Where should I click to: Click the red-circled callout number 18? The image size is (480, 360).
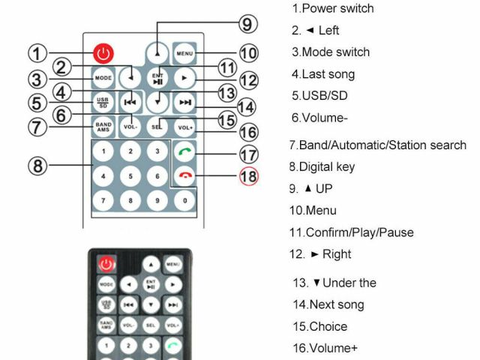(x=247, y=177)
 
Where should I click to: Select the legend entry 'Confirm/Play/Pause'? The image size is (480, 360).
(x=352, y=232)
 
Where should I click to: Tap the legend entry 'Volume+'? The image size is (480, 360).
(x=325, y=348)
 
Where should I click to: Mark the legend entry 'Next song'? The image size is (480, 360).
(x=328, y=304)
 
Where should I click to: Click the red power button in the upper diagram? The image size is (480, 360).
(x=103, y=53)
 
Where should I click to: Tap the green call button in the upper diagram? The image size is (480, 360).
(x=184, y=151)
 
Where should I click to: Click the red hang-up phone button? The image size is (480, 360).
(x=184, y=176)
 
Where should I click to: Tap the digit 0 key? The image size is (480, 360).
(x=184, y=201)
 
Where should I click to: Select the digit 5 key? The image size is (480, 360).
(x=130, y=176)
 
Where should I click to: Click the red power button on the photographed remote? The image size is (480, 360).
(x=106, y=264)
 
